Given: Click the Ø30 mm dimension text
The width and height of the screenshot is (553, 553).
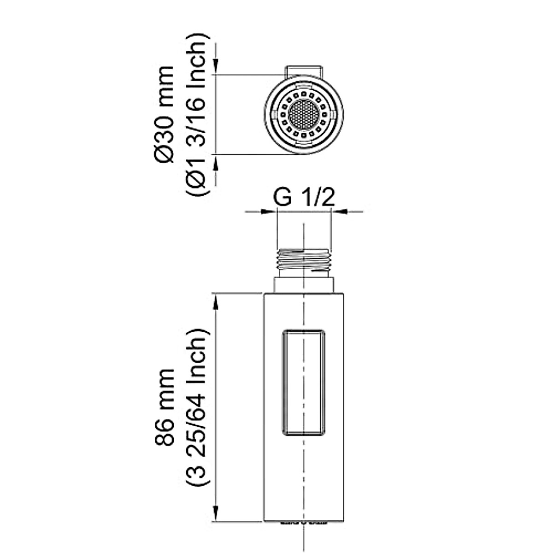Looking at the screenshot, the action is tap(164, 114).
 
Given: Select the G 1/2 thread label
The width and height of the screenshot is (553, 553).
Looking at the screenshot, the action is tap(304, 197).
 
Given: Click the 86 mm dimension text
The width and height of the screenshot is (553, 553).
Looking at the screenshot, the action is tap(164, 406).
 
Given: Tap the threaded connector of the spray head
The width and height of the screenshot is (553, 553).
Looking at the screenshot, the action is tap(304, 259).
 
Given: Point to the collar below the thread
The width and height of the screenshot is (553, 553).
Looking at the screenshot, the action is tap(304, 285).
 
